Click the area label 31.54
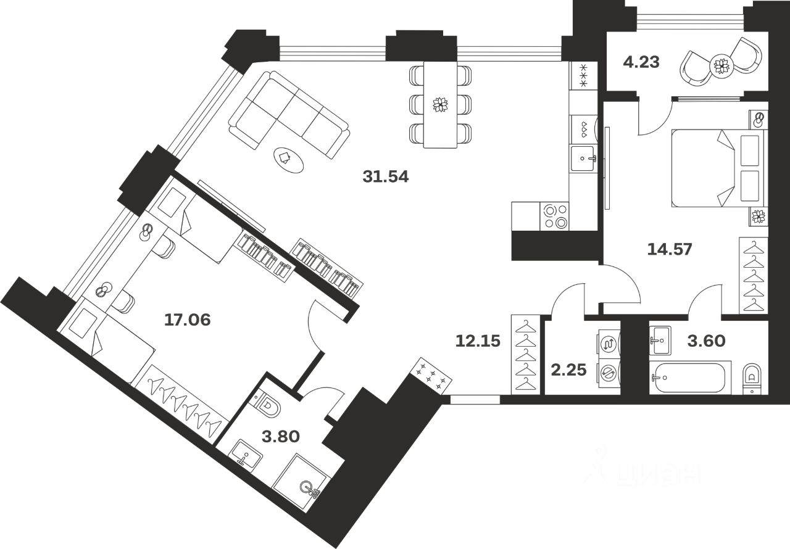(x=386, y=178)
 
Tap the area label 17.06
(x=188, y=320)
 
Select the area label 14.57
(x=670, y=249)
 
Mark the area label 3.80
(x=281, y=437)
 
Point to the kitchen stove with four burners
(x=554, y=217)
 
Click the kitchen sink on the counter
(x=582, y=159)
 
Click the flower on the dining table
(x=441, y=104)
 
